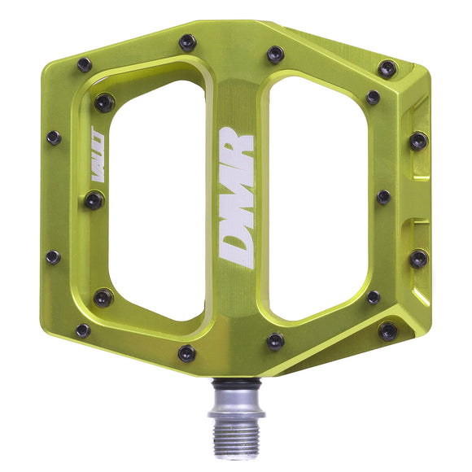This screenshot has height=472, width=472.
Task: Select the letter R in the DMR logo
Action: click(237, 146)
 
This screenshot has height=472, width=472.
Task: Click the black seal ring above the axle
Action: click(236, 381)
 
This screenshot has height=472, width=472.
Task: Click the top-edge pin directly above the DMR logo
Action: click(188, 42)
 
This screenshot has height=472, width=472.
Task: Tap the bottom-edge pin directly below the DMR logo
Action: click(187, 353)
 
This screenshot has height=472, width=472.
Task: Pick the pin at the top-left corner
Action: click(85, 64)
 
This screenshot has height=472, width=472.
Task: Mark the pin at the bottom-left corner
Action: click(83, 330)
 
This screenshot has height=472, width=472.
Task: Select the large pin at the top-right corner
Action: click(387, 69)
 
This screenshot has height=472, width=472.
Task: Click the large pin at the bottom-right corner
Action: click(388, 330)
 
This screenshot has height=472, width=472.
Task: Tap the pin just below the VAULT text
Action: click(94, 199)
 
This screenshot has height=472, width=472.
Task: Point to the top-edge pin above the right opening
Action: click(275, 55)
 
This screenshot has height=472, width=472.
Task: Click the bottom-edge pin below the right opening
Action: click(275, 342)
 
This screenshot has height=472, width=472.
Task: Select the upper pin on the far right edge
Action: click(417, 140)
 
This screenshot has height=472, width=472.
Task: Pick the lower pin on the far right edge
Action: click(417, 259)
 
